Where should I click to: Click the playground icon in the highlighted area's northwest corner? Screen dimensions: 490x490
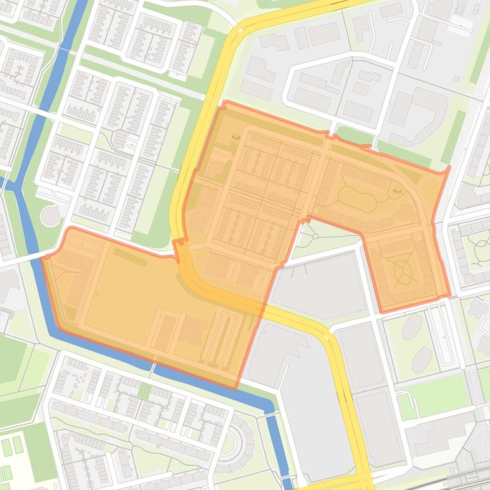236,137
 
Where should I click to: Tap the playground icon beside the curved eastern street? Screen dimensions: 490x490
397,190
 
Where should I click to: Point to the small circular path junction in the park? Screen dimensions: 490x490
315,237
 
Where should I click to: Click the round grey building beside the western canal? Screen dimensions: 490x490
50,216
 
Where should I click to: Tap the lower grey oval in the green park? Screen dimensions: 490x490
421,360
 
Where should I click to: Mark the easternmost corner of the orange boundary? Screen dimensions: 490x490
449,167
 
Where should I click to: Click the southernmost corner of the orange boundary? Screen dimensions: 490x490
236,388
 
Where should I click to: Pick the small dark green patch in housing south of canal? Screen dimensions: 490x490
144,390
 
